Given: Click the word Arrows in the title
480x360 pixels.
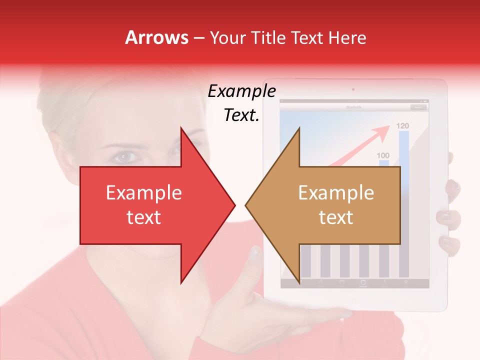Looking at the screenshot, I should click(156, 37).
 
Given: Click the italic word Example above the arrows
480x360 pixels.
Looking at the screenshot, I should click(241, 91).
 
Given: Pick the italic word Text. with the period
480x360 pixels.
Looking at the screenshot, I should click(241, 115).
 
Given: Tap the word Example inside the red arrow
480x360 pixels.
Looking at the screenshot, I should click(143, 193).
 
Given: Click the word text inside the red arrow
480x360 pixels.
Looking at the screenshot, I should click(143, 217).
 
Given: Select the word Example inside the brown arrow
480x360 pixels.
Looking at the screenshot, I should click(336, 193).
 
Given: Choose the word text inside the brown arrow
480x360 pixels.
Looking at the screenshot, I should click(336, 217).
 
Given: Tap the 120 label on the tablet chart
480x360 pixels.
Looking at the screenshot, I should click(403, 125).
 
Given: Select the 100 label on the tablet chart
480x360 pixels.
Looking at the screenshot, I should click(383, 155).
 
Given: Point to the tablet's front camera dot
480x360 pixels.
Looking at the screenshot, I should click(353, 89).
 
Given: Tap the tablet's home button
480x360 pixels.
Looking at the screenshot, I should click(353, 301).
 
